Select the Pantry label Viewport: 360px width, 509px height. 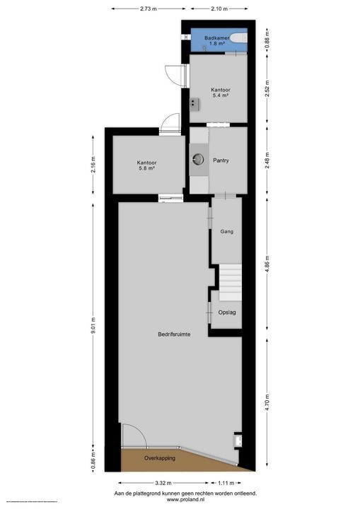221,160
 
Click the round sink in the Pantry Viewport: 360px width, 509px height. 197,160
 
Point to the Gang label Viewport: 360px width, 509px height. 226,231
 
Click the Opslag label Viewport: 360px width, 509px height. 226,312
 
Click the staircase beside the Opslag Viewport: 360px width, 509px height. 229,283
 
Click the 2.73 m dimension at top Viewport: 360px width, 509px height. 149,9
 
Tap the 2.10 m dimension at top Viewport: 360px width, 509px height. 219,9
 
